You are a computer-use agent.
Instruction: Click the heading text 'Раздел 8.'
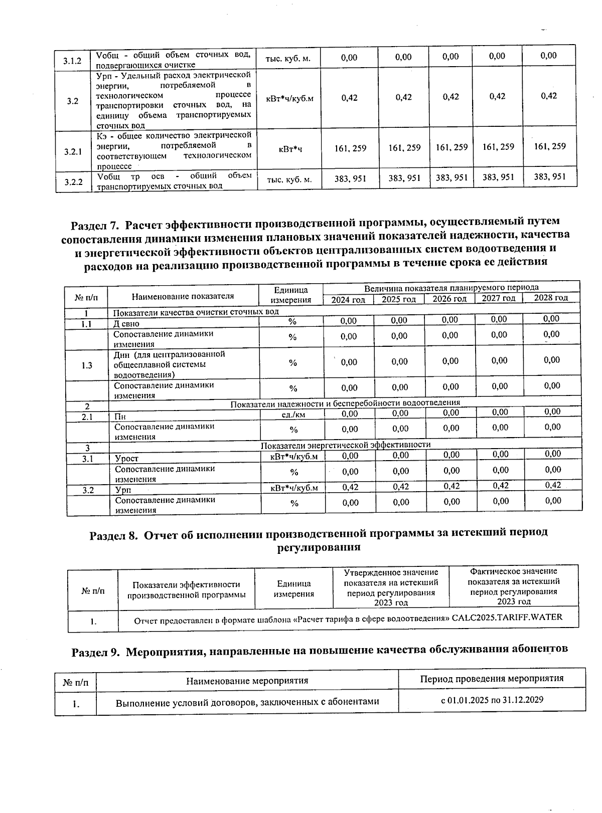point(113,535)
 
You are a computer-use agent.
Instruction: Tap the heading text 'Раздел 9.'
point(95,652)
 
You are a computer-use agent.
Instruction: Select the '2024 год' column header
point(348,299)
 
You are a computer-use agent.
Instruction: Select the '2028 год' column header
point(550,298)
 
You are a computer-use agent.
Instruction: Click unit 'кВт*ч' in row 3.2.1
point(289,149)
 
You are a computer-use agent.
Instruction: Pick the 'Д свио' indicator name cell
point(126,324)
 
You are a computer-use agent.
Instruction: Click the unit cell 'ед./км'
point(293,415)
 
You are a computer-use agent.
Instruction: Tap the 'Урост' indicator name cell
point(126,458)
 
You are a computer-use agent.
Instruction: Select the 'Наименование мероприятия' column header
point(247,681)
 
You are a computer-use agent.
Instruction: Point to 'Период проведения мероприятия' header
point(492,679)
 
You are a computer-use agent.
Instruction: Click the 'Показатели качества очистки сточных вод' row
point(196,312)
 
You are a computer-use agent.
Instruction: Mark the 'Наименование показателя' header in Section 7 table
point(183,296)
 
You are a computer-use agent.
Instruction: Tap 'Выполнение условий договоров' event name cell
point(247,702)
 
